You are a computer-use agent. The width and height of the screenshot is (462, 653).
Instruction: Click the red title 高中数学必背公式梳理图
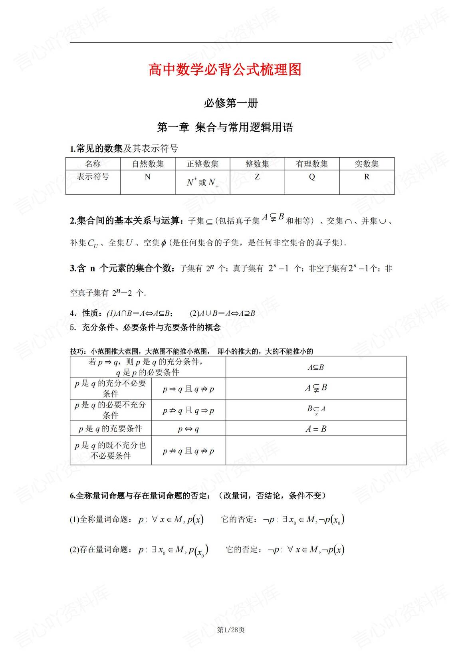coord(225,70)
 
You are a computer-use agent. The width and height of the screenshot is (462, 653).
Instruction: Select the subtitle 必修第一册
coord(231,103)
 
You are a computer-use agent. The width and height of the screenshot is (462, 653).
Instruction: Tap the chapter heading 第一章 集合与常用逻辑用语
coord(225,127)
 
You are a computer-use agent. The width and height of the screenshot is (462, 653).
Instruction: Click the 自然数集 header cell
coord(148,164)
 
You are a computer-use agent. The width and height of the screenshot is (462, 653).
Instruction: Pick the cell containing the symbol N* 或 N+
coord(202,183)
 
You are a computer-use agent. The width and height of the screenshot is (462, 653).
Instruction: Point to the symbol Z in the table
coord(257,176)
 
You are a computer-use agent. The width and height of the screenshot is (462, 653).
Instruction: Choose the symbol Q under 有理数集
coord(312,176)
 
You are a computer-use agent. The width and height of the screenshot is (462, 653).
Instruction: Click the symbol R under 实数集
coord(367,176)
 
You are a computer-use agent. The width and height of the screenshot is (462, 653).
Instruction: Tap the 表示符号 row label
coord(93,176)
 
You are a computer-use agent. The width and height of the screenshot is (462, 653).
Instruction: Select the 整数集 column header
coord(257,164)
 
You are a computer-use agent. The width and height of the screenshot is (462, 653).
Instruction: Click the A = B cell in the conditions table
coord(316,429)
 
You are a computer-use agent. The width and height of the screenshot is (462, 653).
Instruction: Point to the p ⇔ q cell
coord(188,429)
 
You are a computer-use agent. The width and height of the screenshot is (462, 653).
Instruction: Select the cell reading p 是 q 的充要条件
coord(111,429)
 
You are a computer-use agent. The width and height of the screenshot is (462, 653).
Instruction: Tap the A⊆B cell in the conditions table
coord(316,367)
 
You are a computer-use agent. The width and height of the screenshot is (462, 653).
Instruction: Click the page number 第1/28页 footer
coord(231,630)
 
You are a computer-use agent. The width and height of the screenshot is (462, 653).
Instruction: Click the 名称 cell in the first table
coord(93,164)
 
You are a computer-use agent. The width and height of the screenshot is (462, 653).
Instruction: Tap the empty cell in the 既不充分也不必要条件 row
coord(316,451)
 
